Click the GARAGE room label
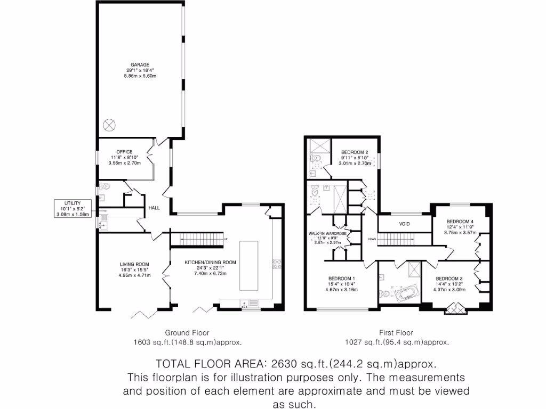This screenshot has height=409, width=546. (x=140, y=64)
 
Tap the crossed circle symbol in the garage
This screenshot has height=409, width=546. (x=109, y=125)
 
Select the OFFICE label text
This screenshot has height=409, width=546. (x=125, y=152)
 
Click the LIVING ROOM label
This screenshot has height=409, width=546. (x=134, y=264)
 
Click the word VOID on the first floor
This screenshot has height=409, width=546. (x=405, y=224)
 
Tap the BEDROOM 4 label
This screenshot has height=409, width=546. (x=460, y=222)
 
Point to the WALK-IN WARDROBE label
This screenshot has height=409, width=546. (x=328, y=233)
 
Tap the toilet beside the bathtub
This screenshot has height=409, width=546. (x=384, y=293)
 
